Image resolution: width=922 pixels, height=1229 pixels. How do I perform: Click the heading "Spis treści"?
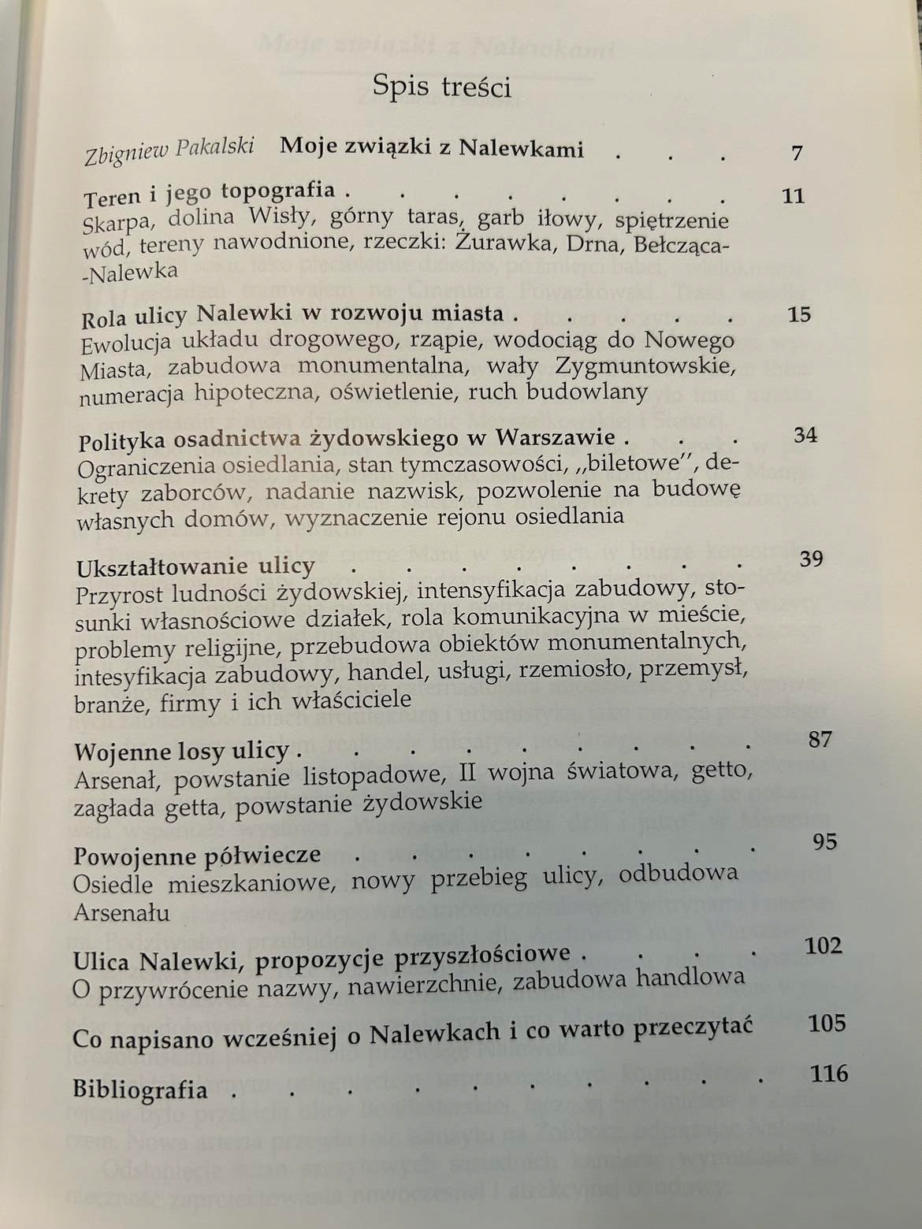point(442,86)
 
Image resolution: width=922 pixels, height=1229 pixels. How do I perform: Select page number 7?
point(797,152)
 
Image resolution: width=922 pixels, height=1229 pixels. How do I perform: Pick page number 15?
point(798,314)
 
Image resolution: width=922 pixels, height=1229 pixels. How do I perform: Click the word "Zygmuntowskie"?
point(645,366)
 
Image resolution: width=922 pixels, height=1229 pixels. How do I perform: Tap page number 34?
point(805,435)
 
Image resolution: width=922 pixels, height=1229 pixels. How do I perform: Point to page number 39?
point(811,559)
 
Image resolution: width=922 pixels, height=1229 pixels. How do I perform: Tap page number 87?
point(820,739)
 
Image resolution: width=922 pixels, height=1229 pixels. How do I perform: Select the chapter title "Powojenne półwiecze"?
point(197,856)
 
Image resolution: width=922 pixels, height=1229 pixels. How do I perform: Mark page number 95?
point(823,841)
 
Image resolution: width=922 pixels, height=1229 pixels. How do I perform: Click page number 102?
point(823,945)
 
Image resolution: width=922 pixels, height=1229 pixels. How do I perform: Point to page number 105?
point(827,1023)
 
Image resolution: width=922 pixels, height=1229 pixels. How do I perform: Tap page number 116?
point(828,1074)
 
